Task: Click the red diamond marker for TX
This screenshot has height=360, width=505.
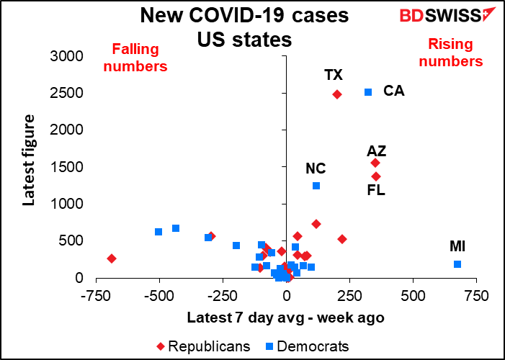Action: click(337, 94)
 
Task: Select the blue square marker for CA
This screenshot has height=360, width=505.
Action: click(368, 92)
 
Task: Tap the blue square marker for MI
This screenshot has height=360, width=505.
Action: click(457, 264)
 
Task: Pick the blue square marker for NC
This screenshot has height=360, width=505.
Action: click(316, 186)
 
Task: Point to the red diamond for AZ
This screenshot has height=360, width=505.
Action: click(375, 163)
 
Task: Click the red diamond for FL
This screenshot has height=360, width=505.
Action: click(376, 176)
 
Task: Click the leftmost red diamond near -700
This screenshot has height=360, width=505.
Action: click(112, 258)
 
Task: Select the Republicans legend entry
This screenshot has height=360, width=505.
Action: click(204, 346)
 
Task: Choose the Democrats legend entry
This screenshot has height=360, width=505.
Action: click(308, 346)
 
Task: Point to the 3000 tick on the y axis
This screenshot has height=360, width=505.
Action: click(67, 57)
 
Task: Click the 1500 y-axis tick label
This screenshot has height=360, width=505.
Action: click(67, 167)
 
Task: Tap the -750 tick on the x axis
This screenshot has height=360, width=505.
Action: click(96, 296)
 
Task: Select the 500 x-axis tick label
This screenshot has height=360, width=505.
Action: click(413, 296)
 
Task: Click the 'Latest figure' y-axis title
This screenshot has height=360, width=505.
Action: click(29, 160)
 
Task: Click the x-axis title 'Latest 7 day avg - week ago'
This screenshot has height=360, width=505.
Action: click(286, 318)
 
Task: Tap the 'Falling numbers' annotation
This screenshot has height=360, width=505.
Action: click(135, 58)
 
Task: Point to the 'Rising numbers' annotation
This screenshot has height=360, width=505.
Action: click(451, 53)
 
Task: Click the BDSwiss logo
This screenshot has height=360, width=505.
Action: click(447, 15)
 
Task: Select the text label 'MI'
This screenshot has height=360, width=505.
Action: click(457, 247)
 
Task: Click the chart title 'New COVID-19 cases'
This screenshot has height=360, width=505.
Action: click(245, 16)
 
